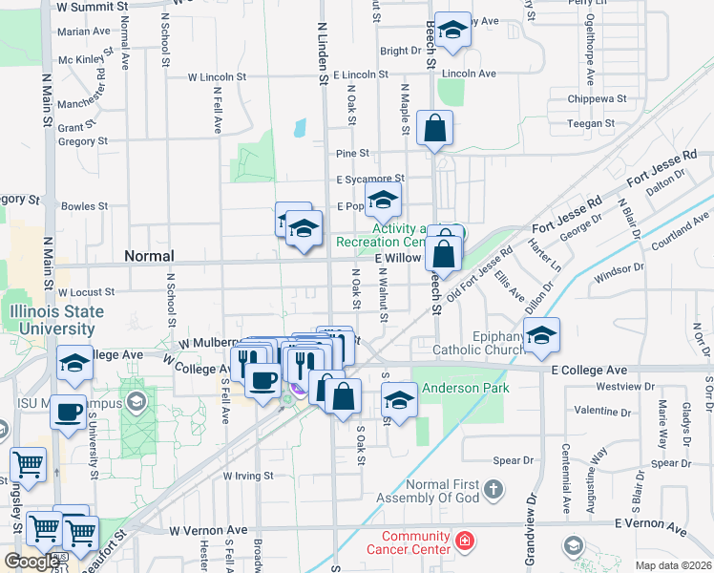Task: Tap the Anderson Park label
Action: click(465, 388)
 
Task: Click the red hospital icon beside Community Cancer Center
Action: click(464, 541)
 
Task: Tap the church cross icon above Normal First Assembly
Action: click(493, 490)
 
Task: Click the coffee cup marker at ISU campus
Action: click(67, 413)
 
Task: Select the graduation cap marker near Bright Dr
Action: click(452, 30)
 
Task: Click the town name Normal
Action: click(149, 256)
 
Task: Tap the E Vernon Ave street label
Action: click(651, 525)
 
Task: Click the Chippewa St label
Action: click(596, 98)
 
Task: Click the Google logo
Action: click(32, 562)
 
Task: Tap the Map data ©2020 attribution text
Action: click(674, 565)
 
